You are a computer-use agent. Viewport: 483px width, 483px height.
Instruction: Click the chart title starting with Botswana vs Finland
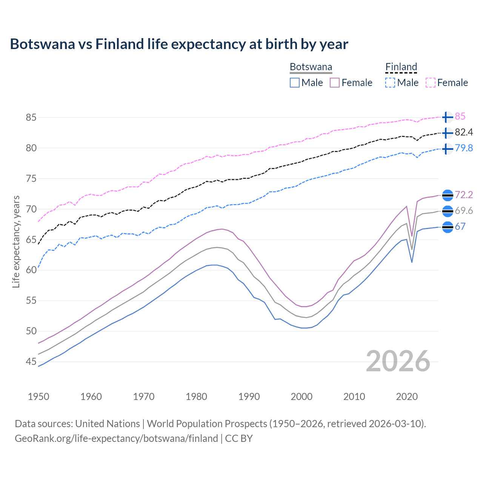pyautogui.click(x=179, y=44)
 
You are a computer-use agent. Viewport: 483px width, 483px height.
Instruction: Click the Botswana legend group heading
pyautogui.click(x=311, y=67)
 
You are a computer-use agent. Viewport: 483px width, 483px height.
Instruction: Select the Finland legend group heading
pyautogui.click(x=401, y=67)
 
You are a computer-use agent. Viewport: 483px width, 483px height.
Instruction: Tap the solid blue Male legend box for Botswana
pyautogui.click(x=295, y=83)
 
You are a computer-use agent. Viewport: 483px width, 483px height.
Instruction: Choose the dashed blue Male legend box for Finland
pyautogui.click(x=390, y=83)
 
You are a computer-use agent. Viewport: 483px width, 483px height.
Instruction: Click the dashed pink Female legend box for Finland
pyautogui.click(x=431, y=83)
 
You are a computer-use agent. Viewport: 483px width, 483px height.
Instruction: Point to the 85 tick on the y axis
pyautogui.click(x=31, y=117)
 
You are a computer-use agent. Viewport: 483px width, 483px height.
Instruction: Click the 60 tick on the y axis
pyautogui.click(x=31, y=270)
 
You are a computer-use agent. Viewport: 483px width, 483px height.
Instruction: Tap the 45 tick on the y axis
pyautogui.click(x=31, y=361)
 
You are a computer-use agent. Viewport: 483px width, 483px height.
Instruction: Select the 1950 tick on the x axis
pyautogui.click(x=38, y=397)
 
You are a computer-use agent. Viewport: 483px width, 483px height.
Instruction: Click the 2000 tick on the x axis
pyautogui.click(x=301, y=397)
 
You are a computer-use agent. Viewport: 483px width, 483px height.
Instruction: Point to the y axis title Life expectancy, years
pyautogui.click(x=16, y=241)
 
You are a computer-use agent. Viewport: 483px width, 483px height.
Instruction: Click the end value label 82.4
pyautogui.click(x=464, y=132)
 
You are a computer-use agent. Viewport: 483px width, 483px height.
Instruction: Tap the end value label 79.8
pyautogui.click(x=464, y=148)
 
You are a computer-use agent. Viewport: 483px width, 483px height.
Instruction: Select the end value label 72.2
pyautogui.click(x=464, y=195)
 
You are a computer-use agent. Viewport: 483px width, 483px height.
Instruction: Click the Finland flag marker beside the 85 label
pyautogui.click(x=447, y=117)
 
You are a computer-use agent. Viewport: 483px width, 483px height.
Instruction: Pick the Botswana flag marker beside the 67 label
pyautogui.click(x=447, y=227)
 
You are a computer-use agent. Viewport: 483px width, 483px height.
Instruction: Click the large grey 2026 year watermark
pyautogui.click(x=398, y=361)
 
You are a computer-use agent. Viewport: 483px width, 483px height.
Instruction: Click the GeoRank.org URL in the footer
pyautogui.click(x=116, y=438)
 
